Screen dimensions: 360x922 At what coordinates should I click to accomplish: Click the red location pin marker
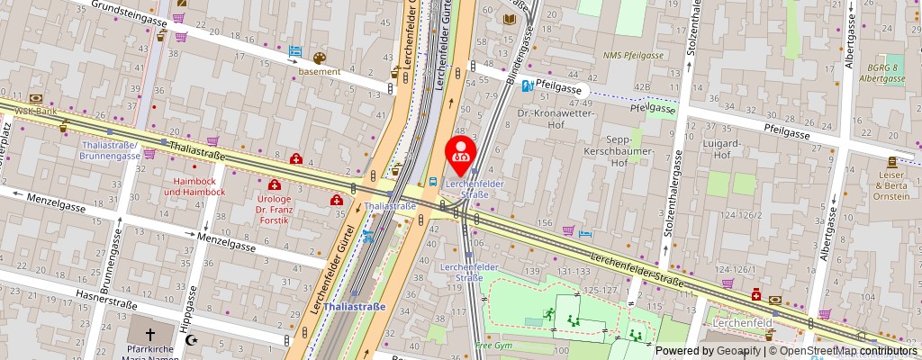tap(462, 150)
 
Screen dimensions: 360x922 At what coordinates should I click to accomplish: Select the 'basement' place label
tap(319, 71)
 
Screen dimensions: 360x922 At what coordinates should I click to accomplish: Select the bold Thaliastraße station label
tap(355, 307)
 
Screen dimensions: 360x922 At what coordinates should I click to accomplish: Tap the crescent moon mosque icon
tap(193, 340)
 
